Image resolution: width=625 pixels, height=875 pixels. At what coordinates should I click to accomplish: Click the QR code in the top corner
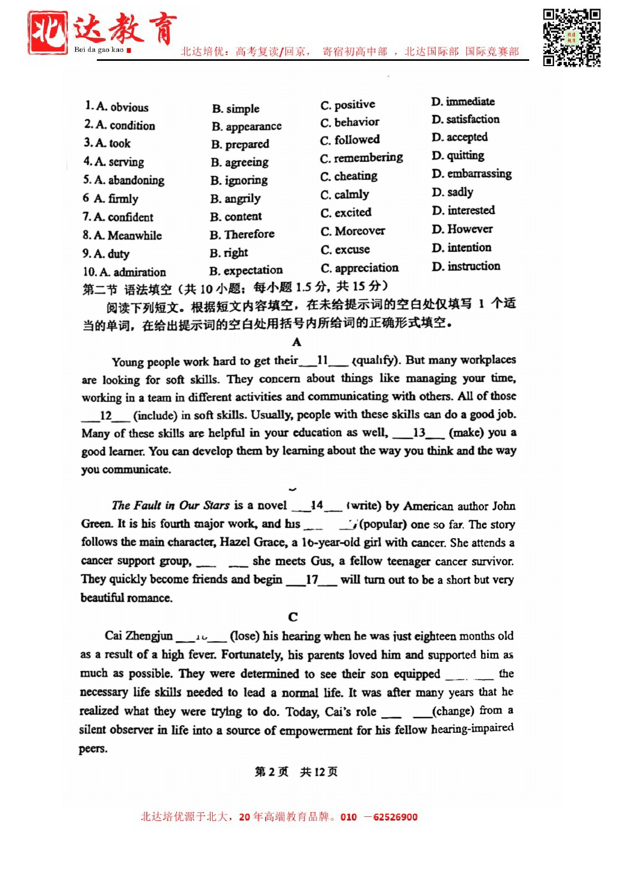[x=572, y=38]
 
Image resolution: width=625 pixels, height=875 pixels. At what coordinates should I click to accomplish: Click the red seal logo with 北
[x=48, y=33]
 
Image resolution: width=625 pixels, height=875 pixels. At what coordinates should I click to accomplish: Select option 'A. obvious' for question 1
[x=117, y=107]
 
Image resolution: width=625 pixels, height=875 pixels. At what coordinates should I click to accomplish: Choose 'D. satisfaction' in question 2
[x=465, y=120]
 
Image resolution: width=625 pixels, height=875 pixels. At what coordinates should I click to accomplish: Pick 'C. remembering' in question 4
[x=361, y=158]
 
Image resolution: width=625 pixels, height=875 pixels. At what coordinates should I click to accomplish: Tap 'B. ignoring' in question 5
[x=239, y=180]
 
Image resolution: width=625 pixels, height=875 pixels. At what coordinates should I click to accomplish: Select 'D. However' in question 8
[x=462, y=229]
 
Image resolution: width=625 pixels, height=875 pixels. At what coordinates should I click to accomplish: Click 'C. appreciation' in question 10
[x=359, y=268]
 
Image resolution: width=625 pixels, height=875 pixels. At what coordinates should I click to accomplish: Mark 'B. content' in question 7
[x=235, y=216]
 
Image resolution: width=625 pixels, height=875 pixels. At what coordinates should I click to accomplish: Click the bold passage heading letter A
[x=296, y=342]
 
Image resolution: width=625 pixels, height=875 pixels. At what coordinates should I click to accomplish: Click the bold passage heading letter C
[x=293, y=617]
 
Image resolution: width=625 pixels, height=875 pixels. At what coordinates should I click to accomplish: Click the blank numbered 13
[x=419, y=433]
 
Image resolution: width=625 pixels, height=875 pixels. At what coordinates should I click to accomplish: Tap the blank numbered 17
[x=312, y=580]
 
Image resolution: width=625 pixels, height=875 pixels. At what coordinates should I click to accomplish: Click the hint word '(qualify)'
[x=374, y=361]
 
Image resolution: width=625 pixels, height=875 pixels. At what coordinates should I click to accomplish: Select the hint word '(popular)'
[x=383, y=524]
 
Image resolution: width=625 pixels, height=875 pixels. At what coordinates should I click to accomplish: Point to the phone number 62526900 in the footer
[x=395, y=817]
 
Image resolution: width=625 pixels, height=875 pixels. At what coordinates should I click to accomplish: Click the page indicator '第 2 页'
[x=271, y=772]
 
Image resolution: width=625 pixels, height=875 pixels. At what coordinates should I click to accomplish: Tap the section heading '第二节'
[x=99, y=289]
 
